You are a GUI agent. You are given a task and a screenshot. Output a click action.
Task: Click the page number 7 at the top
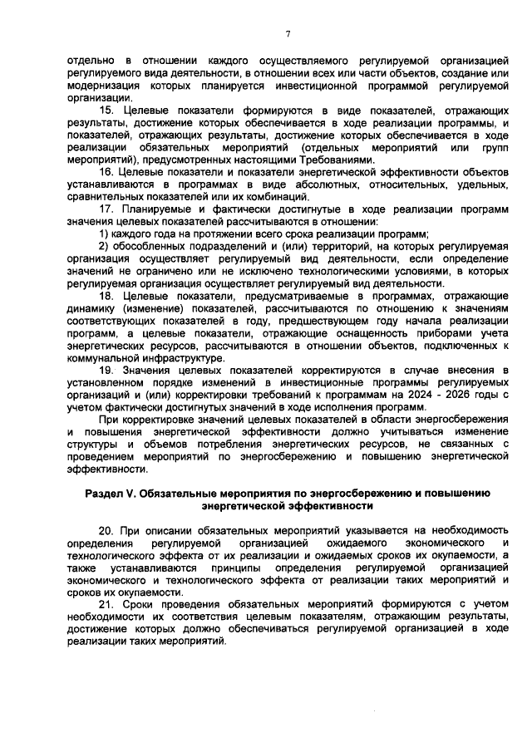pos(288,33)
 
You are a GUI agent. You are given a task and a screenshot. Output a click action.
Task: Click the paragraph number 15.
pos(107,111)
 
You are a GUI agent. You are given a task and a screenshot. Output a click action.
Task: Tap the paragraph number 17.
pos(107,209)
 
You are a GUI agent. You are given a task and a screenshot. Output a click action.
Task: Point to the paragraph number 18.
pos(107,295)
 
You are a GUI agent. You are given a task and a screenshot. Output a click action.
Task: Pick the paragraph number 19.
pos(107,369)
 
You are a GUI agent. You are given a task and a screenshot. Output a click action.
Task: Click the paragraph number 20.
pos(107,530)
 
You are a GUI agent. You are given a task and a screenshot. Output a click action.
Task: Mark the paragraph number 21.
pos(107,605)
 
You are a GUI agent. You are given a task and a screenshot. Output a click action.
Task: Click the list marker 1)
pos(105,234)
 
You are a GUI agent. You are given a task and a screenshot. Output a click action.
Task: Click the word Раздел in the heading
pos(106,493)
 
